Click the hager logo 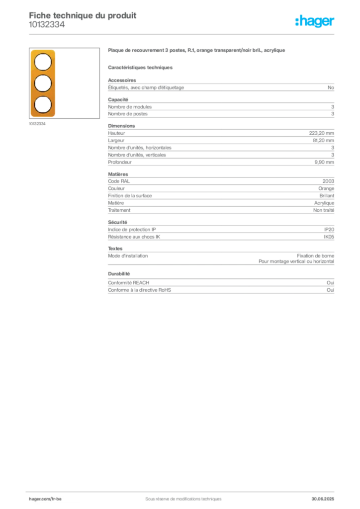pos(315,21)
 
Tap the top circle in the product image pos(43,62)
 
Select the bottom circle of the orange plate pos(43,105)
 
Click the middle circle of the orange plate pos(43,84)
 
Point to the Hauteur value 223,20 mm pos(321,133)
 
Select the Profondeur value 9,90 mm pos(324,163)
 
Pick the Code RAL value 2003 pos(328,181)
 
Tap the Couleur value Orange pos(326,188)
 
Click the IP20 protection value pos(329,230)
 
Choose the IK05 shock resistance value pos(329,237)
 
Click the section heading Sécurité pos(117,222)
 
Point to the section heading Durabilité pos(119,274)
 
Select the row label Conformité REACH pos(129,283)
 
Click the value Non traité pos(324,210)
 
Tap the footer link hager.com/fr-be pos(45,499)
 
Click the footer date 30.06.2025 pos(323,499)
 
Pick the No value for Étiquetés pos(331,87)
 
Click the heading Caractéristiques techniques pos(140,68)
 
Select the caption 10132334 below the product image pos(37,124)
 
